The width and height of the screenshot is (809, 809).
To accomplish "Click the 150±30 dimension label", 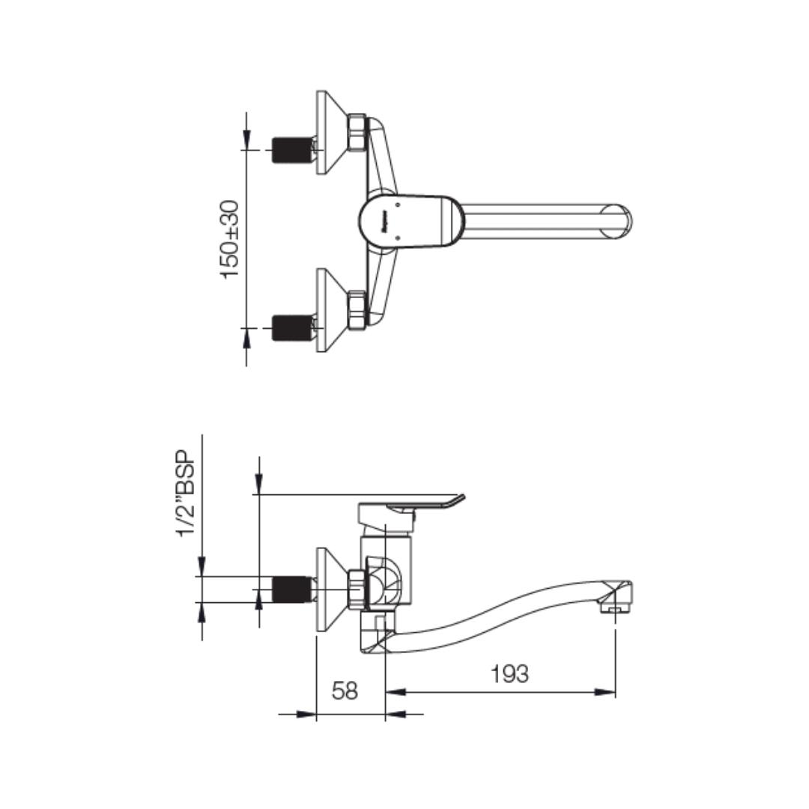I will [x=230, y=239].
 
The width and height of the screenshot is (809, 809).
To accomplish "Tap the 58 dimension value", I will [x=345, y=691].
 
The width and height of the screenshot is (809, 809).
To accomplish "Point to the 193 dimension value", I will [x=509, y=674].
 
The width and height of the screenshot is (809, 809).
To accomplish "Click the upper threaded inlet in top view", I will [x=291, y=150].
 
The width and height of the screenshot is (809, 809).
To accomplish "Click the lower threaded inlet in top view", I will [x=291, y=328].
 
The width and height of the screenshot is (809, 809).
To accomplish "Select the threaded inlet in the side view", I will [x=291, y=590].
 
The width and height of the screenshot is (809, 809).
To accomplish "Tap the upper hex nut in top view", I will [x=357, y=133].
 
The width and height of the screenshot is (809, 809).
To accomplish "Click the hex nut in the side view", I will [x=357, y=590].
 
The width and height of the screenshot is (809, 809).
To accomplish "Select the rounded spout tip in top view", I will [x=618, y=222].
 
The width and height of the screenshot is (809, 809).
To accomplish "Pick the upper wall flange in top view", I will [x=330, y=133].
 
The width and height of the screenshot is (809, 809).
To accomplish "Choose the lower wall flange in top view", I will [x=330, y=310].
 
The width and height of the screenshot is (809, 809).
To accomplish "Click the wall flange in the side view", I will [x=330, y=590].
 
